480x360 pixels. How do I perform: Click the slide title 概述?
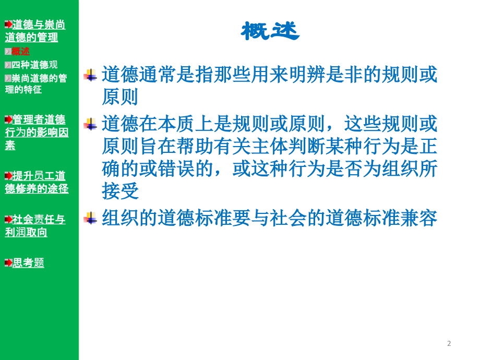[x=270, y=32]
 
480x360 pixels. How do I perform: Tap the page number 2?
[x=449, y=343]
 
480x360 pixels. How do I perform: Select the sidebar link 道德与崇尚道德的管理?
[x=35, y=31]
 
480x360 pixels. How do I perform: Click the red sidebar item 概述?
[x=21, y=51]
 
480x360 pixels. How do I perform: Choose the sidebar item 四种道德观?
[x=34, y=65]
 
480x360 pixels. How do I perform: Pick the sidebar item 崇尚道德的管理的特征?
[x=36, y=83]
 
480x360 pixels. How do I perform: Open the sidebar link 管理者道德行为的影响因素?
[x=37, y=132]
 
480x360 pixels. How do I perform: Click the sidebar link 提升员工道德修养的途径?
[x=37, y=182]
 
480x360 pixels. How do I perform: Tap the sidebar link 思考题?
[x=28, y=262]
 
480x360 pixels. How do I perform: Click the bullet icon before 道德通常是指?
[x=90, y=75]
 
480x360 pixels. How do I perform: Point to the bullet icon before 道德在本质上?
[x=90, y=124]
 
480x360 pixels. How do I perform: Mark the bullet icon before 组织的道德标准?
[x=90, y=218]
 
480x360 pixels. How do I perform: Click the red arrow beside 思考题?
[x=8, y=262]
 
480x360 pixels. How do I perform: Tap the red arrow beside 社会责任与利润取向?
[x=8, y=219]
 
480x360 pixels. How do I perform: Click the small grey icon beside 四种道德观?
[x=8, y=65]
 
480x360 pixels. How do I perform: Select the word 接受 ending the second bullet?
[x=121, y=191]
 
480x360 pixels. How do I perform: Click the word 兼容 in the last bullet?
[x=419, y=218]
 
